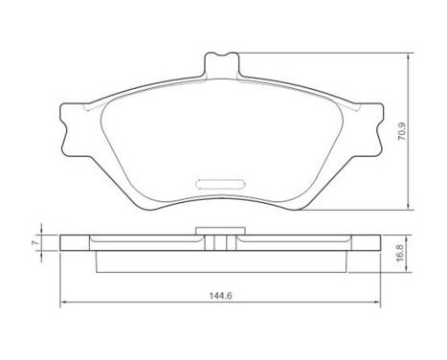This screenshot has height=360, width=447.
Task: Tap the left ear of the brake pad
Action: pos(68,130)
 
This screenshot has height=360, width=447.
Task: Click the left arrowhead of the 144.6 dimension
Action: pos(65,304)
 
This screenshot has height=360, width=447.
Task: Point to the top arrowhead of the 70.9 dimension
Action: pos(413,49)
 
